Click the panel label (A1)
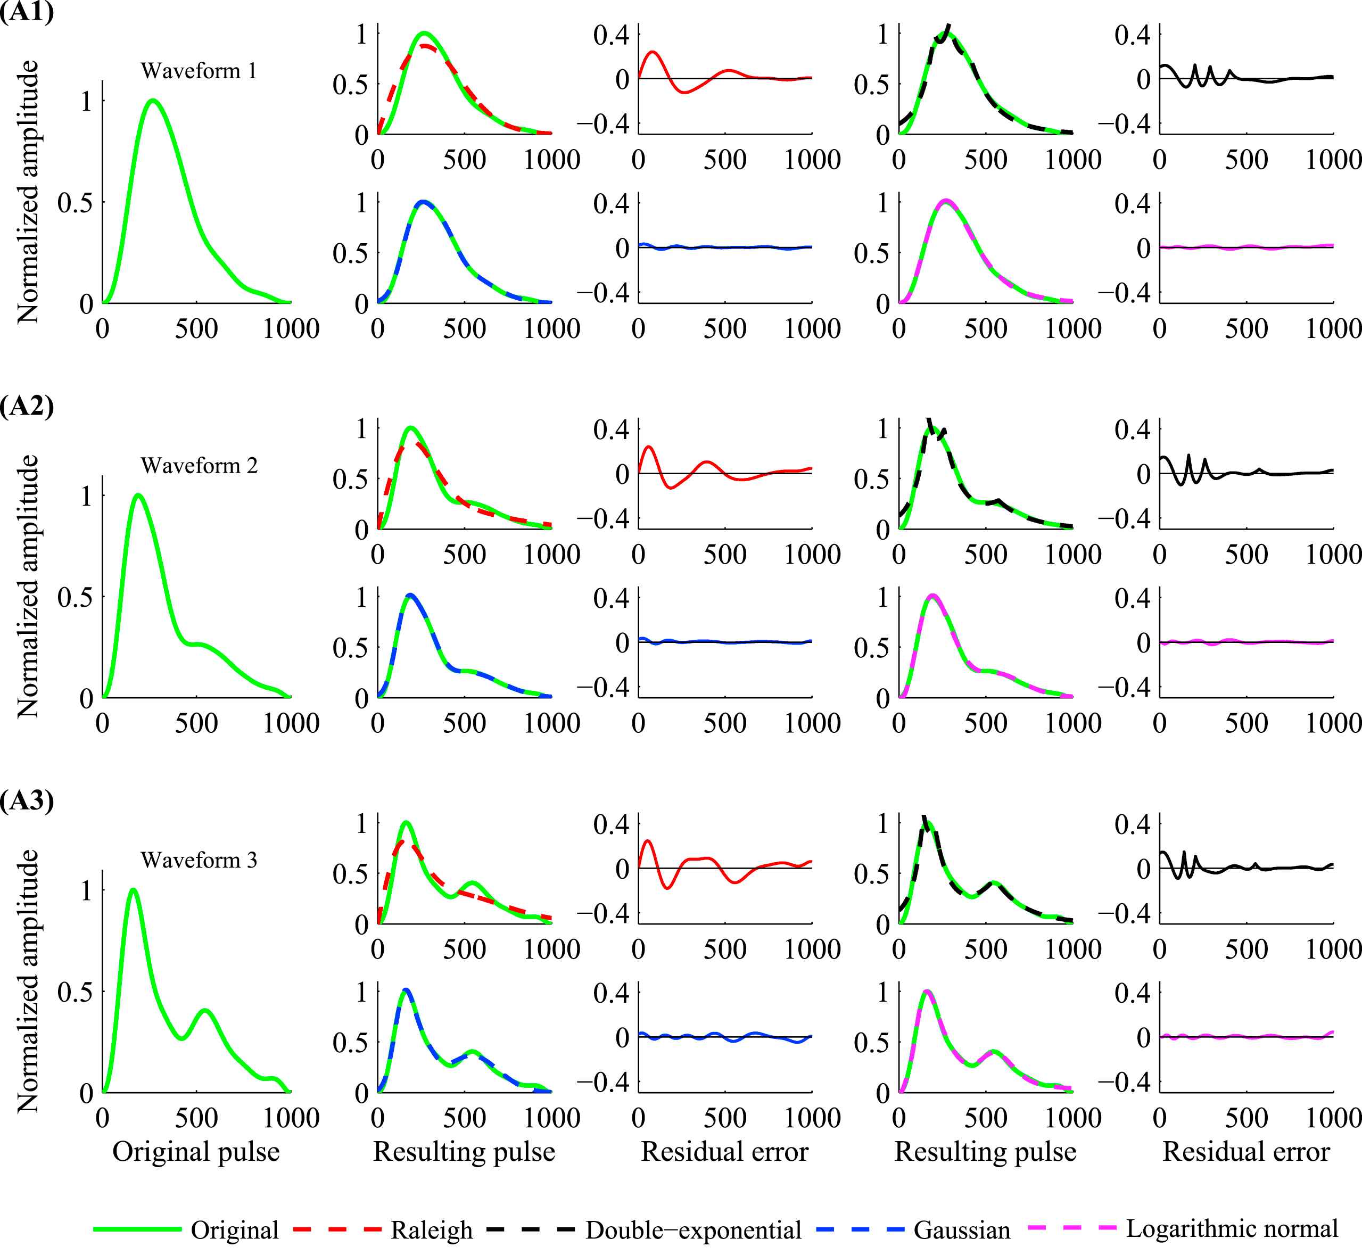point(27,12)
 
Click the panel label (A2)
point(27,406)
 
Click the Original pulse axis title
point(196,1152)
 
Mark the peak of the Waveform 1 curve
point(153,101)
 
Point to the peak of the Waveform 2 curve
point(138,495)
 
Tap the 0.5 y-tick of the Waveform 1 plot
point(75,202)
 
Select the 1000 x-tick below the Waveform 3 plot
point(291,1118)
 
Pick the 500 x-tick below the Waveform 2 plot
point(196,723)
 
